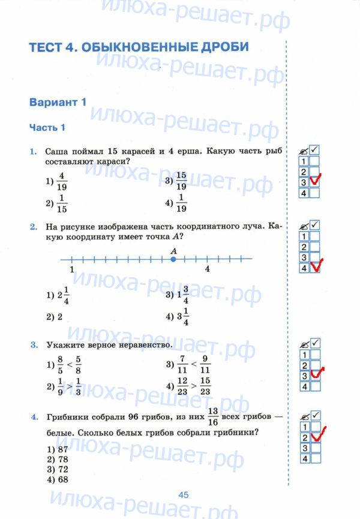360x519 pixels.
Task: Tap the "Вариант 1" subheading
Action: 58,102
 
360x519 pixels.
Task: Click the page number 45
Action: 183,494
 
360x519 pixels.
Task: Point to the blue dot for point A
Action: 173,259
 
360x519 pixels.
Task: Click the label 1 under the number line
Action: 72,269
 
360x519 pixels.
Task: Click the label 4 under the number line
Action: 207,269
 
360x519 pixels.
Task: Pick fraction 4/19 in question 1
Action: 62,181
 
